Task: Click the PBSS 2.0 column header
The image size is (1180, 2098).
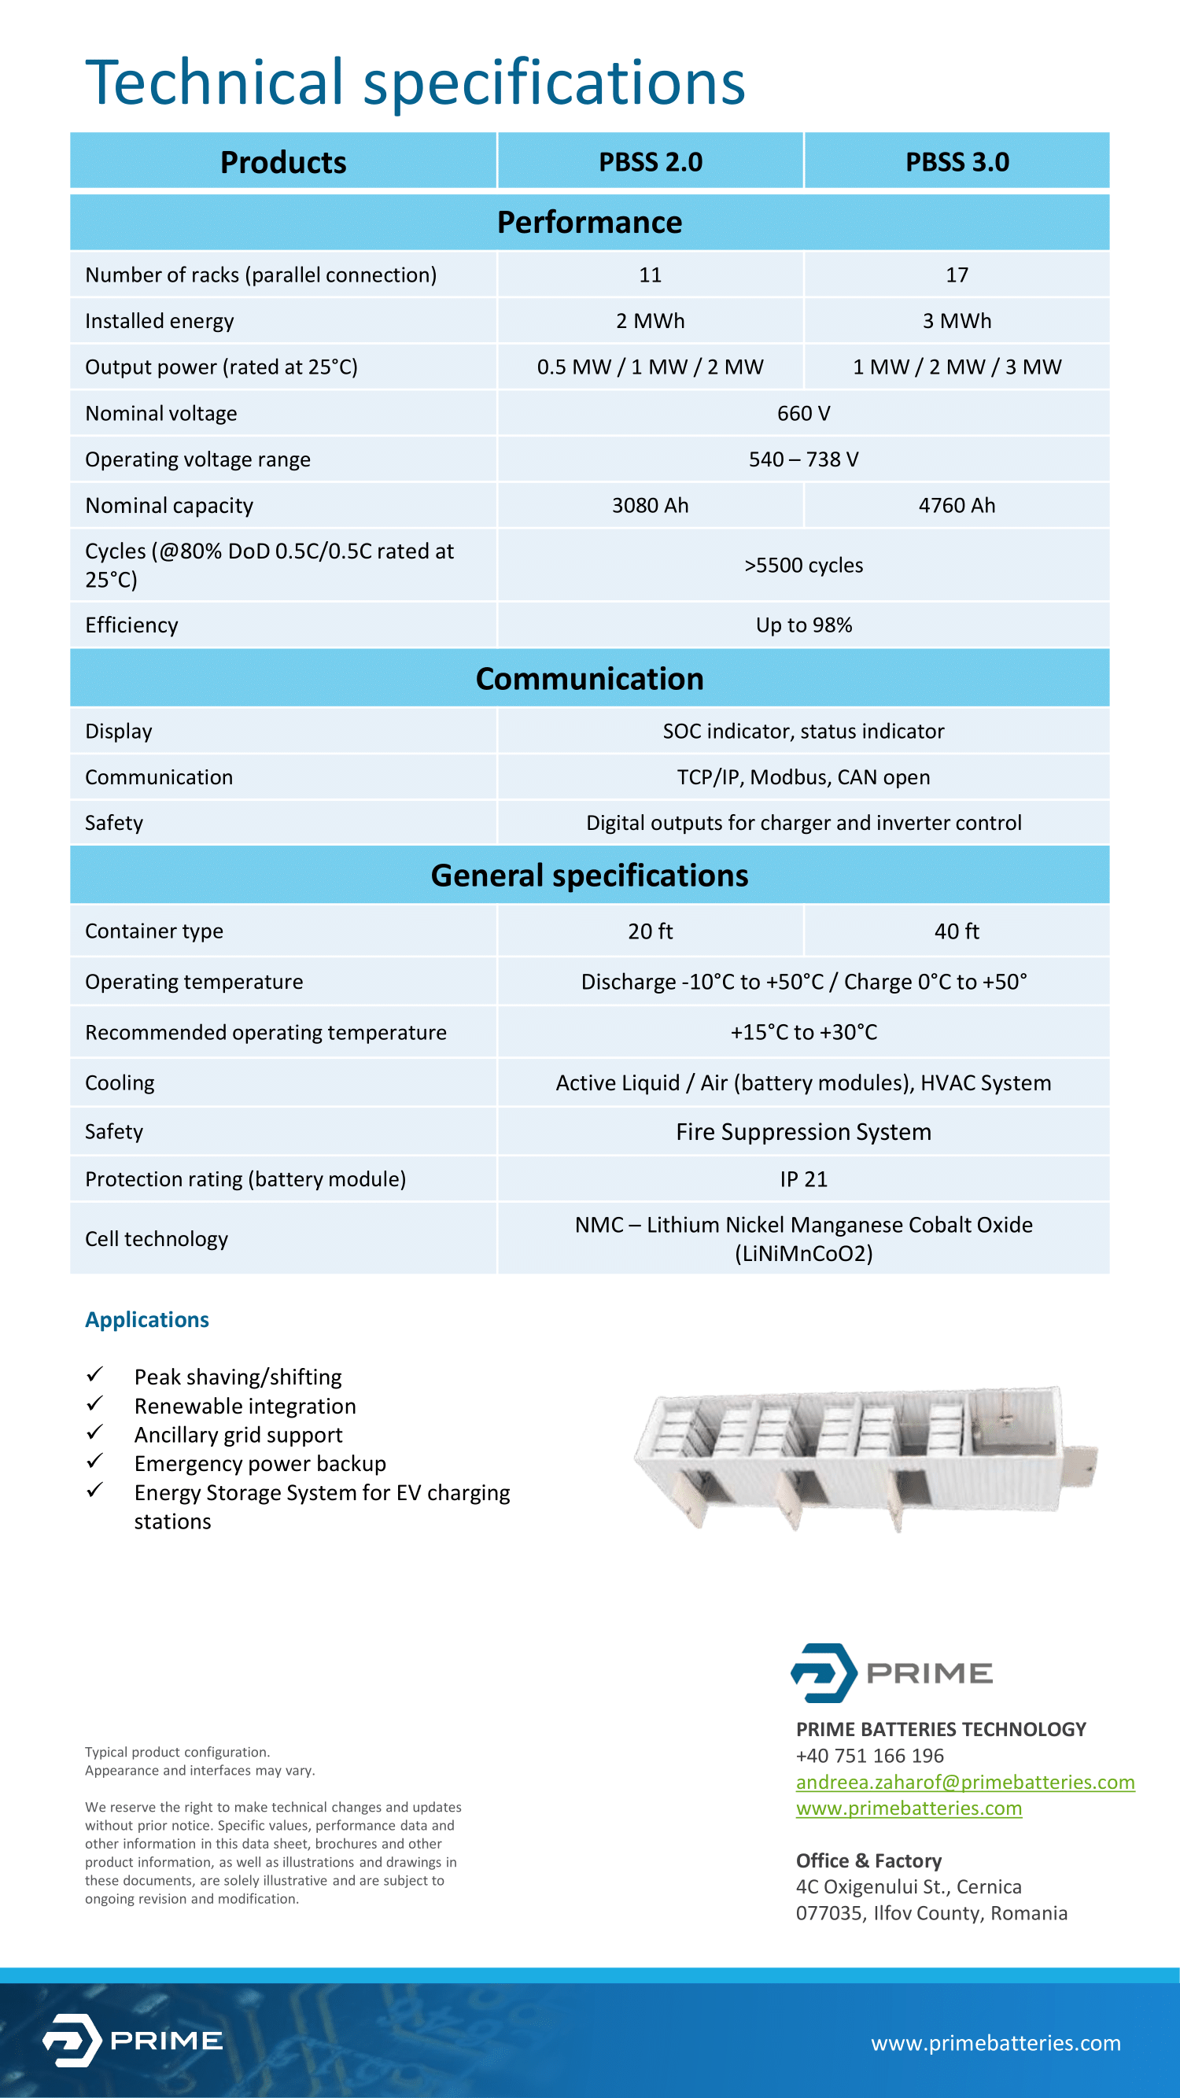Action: (650, 162)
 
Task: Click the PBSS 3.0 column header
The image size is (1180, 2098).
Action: (957, 162)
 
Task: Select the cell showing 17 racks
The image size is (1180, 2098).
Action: (957, 275)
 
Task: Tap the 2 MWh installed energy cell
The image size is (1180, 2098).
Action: (650, 321)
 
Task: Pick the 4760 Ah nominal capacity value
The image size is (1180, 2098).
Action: (957, 506)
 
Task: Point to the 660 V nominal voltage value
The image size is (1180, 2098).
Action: (803, 414)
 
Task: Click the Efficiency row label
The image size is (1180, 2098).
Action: (132, 625)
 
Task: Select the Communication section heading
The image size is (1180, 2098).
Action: (589, 679)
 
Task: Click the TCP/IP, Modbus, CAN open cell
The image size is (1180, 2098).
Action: (803, 778)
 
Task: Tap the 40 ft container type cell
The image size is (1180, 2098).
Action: (957, 931)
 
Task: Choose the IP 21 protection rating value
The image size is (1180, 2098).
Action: (803, 1179)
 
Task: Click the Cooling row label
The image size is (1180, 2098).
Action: (120, 1083)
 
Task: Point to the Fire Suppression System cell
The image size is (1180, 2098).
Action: (803, 1132)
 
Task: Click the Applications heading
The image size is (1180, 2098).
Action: (147, 1320)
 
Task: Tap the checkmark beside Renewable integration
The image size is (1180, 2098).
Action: (95, 1403)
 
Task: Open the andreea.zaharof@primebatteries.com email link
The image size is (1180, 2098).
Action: (965, 1782)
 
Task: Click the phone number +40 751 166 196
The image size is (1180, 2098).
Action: (870, 1756)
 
